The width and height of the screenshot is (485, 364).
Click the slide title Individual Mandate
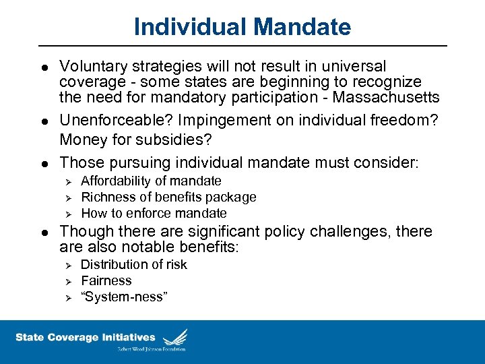(243, 27)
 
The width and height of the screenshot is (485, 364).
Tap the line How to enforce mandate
(154, 213)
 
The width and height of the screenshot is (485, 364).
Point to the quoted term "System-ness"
(123, 297)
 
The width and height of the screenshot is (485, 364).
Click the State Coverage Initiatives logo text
(86, 337)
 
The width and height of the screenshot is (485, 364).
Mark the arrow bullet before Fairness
(66, 281)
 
